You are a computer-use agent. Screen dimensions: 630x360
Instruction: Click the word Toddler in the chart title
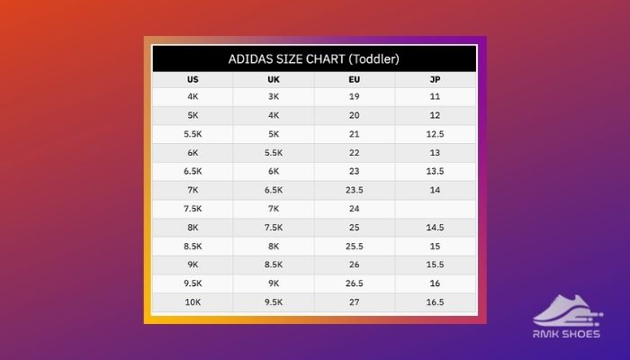click(x=373, y=59)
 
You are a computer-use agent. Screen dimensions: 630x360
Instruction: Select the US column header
click(x=193, y=79)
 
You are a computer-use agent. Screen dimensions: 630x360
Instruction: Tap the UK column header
click(x=274, y=79)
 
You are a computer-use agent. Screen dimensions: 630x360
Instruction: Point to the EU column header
click(x=355, y=79)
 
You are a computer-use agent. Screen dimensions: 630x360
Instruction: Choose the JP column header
click(x=435, y=79)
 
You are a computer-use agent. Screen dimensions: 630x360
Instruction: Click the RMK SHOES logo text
click(x=566, y=334)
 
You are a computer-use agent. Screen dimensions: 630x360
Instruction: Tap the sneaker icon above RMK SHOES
click(x=568, y=310)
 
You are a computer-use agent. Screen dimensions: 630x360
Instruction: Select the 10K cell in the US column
click(x=193, y=302)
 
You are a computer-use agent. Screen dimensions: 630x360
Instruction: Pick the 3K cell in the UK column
click(x=274, y=96)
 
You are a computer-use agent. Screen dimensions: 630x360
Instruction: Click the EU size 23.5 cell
click(x=355, y=190)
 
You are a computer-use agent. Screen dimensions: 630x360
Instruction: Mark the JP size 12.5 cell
click(x=435, y=134)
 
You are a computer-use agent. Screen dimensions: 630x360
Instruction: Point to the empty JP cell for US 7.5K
click(x=435, y=209)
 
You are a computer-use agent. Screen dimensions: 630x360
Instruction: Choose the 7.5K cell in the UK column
click(x=274, y=228)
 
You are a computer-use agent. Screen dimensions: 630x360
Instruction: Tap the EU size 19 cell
click(x=355, y=96)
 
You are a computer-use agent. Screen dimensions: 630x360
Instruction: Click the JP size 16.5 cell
click(x=435, y=302)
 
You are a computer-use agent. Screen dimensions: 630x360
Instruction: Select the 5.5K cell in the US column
click(x=193, y=134)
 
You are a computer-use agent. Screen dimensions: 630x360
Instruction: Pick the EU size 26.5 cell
click(x=355, y=283)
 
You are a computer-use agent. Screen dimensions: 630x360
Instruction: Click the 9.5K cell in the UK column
click(x=274, y=302)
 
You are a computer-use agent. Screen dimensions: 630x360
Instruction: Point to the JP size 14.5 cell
click(x=435, y=228)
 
